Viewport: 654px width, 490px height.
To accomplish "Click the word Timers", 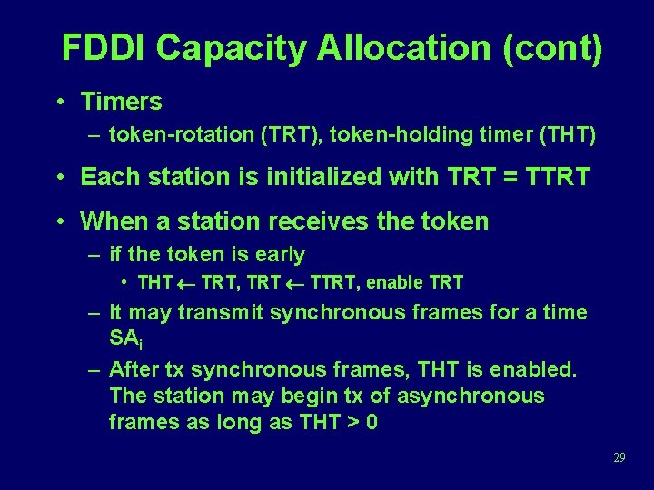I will pos(121,102).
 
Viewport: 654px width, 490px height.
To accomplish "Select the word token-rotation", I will pos(181,136).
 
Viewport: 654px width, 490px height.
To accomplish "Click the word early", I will pos(278,255).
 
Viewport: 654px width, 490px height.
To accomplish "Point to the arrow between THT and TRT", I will pos(186,283).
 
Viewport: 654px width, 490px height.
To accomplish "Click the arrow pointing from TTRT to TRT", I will pos(294,283).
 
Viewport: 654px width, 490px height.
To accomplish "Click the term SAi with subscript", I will pos(123,338).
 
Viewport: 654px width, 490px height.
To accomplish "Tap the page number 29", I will pos(619,457).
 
